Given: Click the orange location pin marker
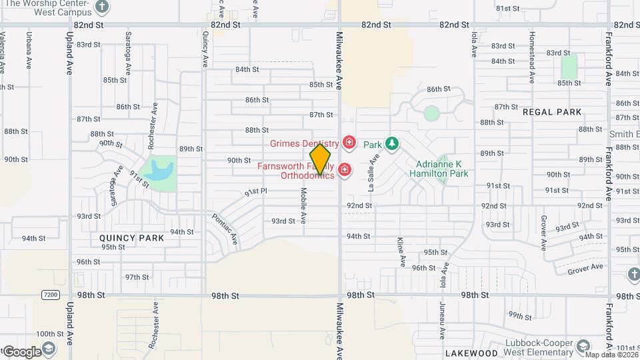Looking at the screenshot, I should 320,159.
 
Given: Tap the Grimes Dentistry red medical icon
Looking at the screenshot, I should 348,143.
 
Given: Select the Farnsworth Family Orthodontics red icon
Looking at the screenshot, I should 344,171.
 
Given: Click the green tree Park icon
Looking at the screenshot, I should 393,143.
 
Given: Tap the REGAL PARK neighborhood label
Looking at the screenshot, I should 552,113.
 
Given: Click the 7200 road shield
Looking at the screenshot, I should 49,294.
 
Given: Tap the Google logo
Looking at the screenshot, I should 22,351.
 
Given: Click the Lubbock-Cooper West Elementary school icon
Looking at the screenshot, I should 583,346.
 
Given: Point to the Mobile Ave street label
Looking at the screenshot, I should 303,205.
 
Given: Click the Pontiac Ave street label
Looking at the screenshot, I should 224,228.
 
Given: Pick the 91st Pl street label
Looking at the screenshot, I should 255,191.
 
